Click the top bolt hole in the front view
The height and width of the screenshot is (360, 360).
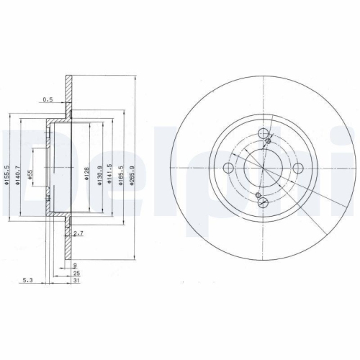tap(262, 133)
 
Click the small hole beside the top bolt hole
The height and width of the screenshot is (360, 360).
tap(268, 141)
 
